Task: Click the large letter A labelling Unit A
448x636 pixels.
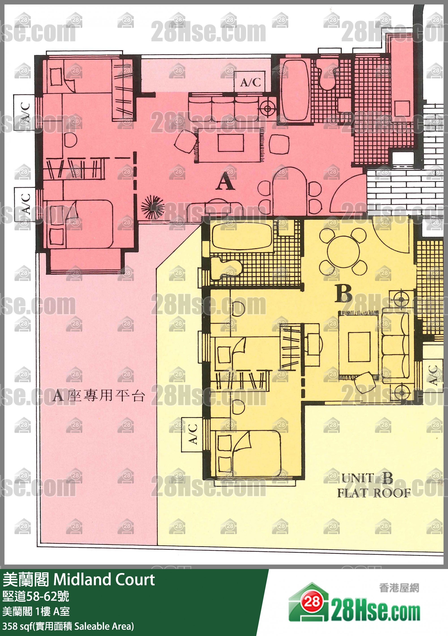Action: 225,181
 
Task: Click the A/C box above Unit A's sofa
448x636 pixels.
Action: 250,82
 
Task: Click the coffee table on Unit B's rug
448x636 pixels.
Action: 359,347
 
